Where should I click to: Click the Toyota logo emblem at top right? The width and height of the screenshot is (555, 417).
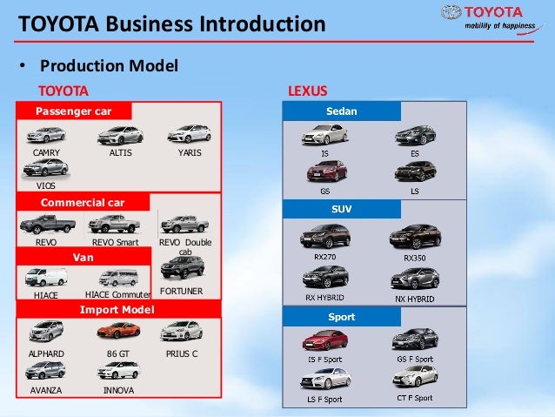[451, 13]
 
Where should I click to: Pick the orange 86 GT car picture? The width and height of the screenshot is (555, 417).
[117, 331]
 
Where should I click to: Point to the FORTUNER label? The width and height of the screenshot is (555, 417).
[182, 291]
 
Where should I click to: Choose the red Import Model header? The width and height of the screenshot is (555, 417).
[117, 309]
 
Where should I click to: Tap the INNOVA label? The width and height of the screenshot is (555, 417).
[118, 391]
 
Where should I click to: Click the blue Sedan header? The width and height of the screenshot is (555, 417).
[342, 111]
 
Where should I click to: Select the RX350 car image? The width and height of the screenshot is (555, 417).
[414, 237]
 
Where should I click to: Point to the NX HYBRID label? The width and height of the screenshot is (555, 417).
[414, 299]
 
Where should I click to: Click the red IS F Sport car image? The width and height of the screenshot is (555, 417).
[324, 340]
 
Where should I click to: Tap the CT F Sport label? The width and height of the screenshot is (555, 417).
[414, 398]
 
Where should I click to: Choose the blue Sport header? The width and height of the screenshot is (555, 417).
[342, 317]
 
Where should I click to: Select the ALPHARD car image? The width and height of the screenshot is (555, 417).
[45, 331]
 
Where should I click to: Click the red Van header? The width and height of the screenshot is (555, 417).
[84, 258]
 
